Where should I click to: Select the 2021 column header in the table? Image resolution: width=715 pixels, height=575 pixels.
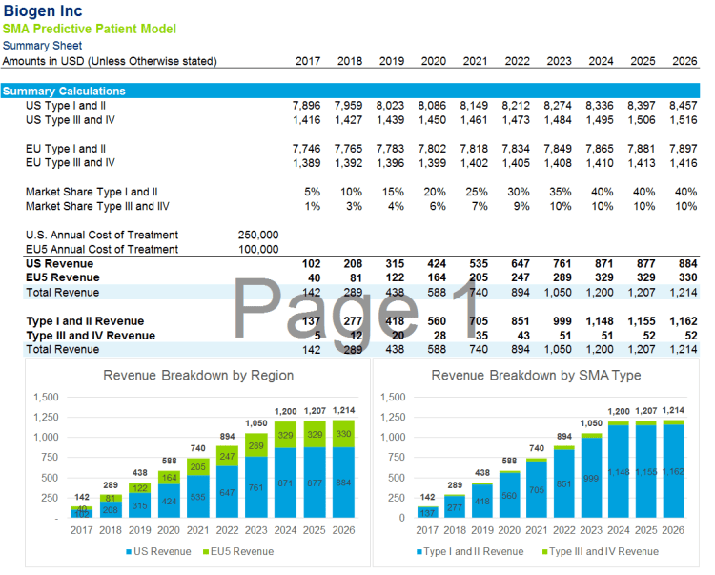click(x=475, y=61)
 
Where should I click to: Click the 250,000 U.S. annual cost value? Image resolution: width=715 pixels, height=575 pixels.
click(x=257, y=235)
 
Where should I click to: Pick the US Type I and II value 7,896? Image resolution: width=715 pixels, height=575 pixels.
click(x=307, y=106)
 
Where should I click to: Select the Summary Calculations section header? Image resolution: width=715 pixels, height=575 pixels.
click(x=64, y=92)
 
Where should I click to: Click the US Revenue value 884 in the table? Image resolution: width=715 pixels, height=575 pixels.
click(x=684, y=263)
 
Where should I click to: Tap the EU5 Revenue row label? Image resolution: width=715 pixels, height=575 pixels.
click(x=63, y=277)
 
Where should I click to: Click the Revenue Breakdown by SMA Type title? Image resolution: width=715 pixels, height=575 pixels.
click(x=535, y=375)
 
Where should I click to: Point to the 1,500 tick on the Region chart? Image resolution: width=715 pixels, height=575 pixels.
click(x=46, y=397)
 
